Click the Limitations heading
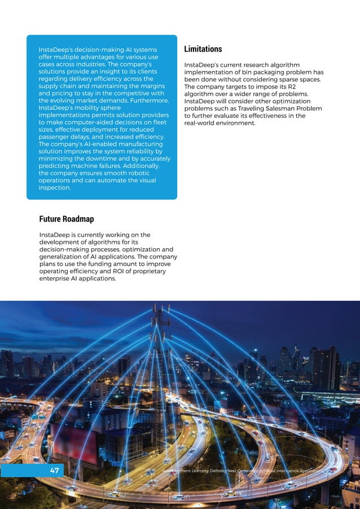point(203,49)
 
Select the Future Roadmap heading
point(66,219)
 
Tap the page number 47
point(54,470)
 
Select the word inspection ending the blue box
point(54,188)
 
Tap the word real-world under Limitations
point(204,123)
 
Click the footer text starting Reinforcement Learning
point(243,470)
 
